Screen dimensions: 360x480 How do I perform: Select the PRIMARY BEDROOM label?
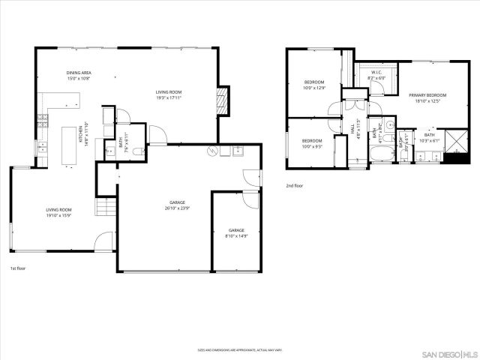coord(427,95)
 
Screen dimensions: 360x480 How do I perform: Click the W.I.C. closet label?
coord(375,73)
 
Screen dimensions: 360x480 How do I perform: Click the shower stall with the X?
coord(454,142)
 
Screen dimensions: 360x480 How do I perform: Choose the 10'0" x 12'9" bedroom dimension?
coord(313,88)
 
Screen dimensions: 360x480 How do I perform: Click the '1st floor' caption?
coord(18,268)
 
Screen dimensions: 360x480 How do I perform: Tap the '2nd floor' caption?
coord(294,185)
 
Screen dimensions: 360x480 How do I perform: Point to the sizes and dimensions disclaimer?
coord(239,349)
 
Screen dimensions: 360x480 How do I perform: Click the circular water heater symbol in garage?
coord(212,151)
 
